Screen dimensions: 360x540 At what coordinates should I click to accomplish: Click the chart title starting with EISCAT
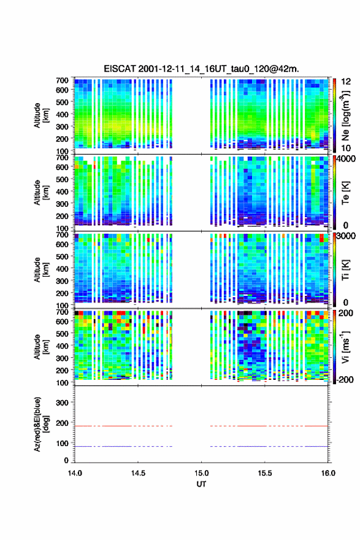[x=201, y=69]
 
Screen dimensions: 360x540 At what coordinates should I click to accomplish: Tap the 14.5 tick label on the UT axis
[x=138, y=473]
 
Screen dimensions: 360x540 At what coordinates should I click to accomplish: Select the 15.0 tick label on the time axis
[x=201, y=473]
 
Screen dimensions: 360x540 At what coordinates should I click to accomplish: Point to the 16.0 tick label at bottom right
[x=328, y=473]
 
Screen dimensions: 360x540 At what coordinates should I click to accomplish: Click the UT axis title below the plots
[x=201, y=484]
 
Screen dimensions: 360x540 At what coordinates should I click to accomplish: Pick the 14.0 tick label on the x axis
[x=75, y=473]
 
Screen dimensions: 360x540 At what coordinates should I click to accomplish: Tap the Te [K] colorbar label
[x=345, y=193]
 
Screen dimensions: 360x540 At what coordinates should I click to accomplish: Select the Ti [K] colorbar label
[x=345, y=270]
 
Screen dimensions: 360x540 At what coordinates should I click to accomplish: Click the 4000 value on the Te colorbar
[x=345, y=159]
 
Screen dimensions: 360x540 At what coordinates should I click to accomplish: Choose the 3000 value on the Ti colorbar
[x=345, y=236]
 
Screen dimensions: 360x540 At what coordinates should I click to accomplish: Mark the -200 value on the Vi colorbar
[x=343, y=379]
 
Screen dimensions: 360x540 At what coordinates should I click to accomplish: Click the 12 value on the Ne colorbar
[x=345, y=82]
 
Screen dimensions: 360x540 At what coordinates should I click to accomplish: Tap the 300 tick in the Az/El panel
[x=62, y=403]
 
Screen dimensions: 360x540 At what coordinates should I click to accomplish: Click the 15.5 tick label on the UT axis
[x=265, y=473]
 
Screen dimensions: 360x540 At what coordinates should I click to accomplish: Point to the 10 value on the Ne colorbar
[x=345, y=148]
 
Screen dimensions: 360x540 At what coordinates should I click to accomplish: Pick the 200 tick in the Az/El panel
[x=62, y=423]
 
